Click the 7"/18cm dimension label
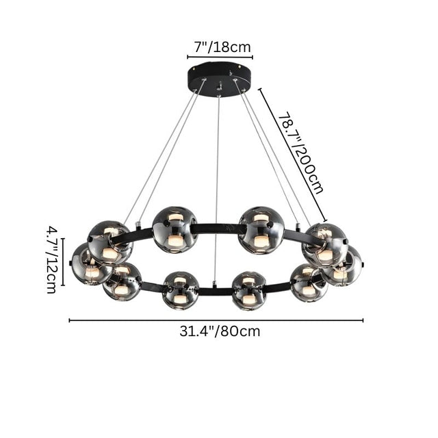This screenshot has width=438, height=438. tap(219, 47)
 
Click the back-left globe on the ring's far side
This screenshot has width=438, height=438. tap(175, 229)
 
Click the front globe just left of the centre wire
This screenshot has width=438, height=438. tap(181, 289)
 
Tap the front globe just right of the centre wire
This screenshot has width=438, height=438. tap(248, 289)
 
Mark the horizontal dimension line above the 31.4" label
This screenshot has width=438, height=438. tap(216, 320)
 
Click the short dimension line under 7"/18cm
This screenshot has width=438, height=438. tap(220, 58)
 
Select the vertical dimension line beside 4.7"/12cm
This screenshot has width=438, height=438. tap(62, 261)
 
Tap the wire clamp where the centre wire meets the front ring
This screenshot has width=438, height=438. tap(216, 284)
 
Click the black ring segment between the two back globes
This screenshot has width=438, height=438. tap(218, 228)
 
